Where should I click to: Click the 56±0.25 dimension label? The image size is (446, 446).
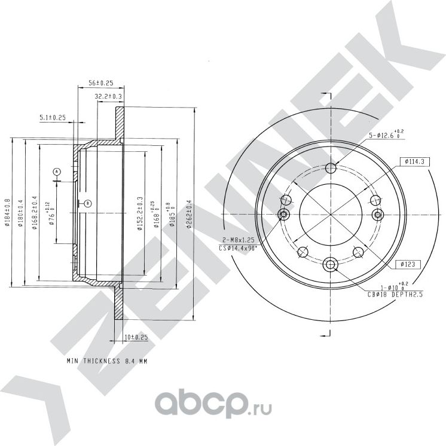pyautogui.click(x=100, y=83)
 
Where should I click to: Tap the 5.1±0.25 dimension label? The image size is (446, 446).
pyautogui.click(x=52, y=117)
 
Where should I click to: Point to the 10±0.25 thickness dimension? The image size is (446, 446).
pyautogui.click(x=136, y=337)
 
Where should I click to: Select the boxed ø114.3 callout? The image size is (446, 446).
pyautogui.click(x=414, y=161)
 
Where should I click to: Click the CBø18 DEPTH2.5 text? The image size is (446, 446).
pyautogui.click(x=397, y=293)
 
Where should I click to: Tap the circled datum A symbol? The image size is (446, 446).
pyautogui.click(x=57, y=172)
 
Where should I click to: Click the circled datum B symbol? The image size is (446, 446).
pyautogui.click(x=87, y=203)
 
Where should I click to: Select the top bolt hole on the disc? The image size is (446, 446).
pyautogui.click(x=331, y=167)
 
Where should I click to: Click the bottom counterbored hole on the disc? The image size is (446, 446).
pyautogui.click(x=331, y=264)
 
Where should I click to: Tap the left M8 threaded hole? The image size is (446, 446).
pyautogui.click(x=284, y=215)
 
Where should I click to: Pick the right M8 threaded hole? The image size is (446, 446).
pyautogui.click(x=377, y=215)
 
